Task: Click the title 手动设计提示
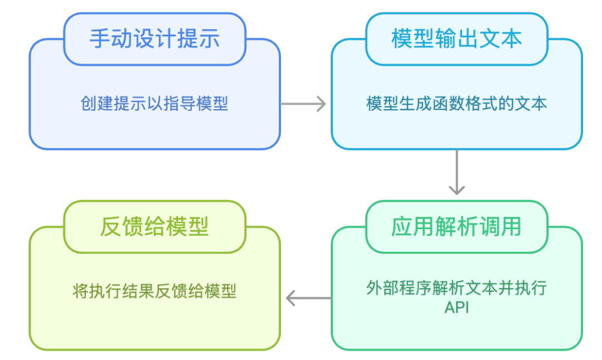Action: (x=154, y=39)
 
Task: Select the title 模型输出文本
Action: (x=457, y=39)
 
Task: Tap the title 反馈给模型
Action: (x=154, y=227)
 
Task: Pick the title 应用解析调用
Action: (x=457, y=227)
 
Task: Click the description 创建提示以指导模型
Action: (x=154, y=104)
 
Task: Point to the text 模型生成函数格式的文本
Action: (x=457, y=104)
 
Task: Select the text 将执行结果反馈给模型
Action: (x=154, y=291)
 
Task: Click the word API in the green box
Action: (x=457, y=307)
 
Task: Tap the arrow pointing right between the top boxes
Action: (x=303, y=104)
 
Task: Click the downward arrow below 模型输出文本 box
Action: (x=457, y=172)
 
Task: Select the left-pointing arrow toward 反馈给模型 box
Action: (x=308, y=299)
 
